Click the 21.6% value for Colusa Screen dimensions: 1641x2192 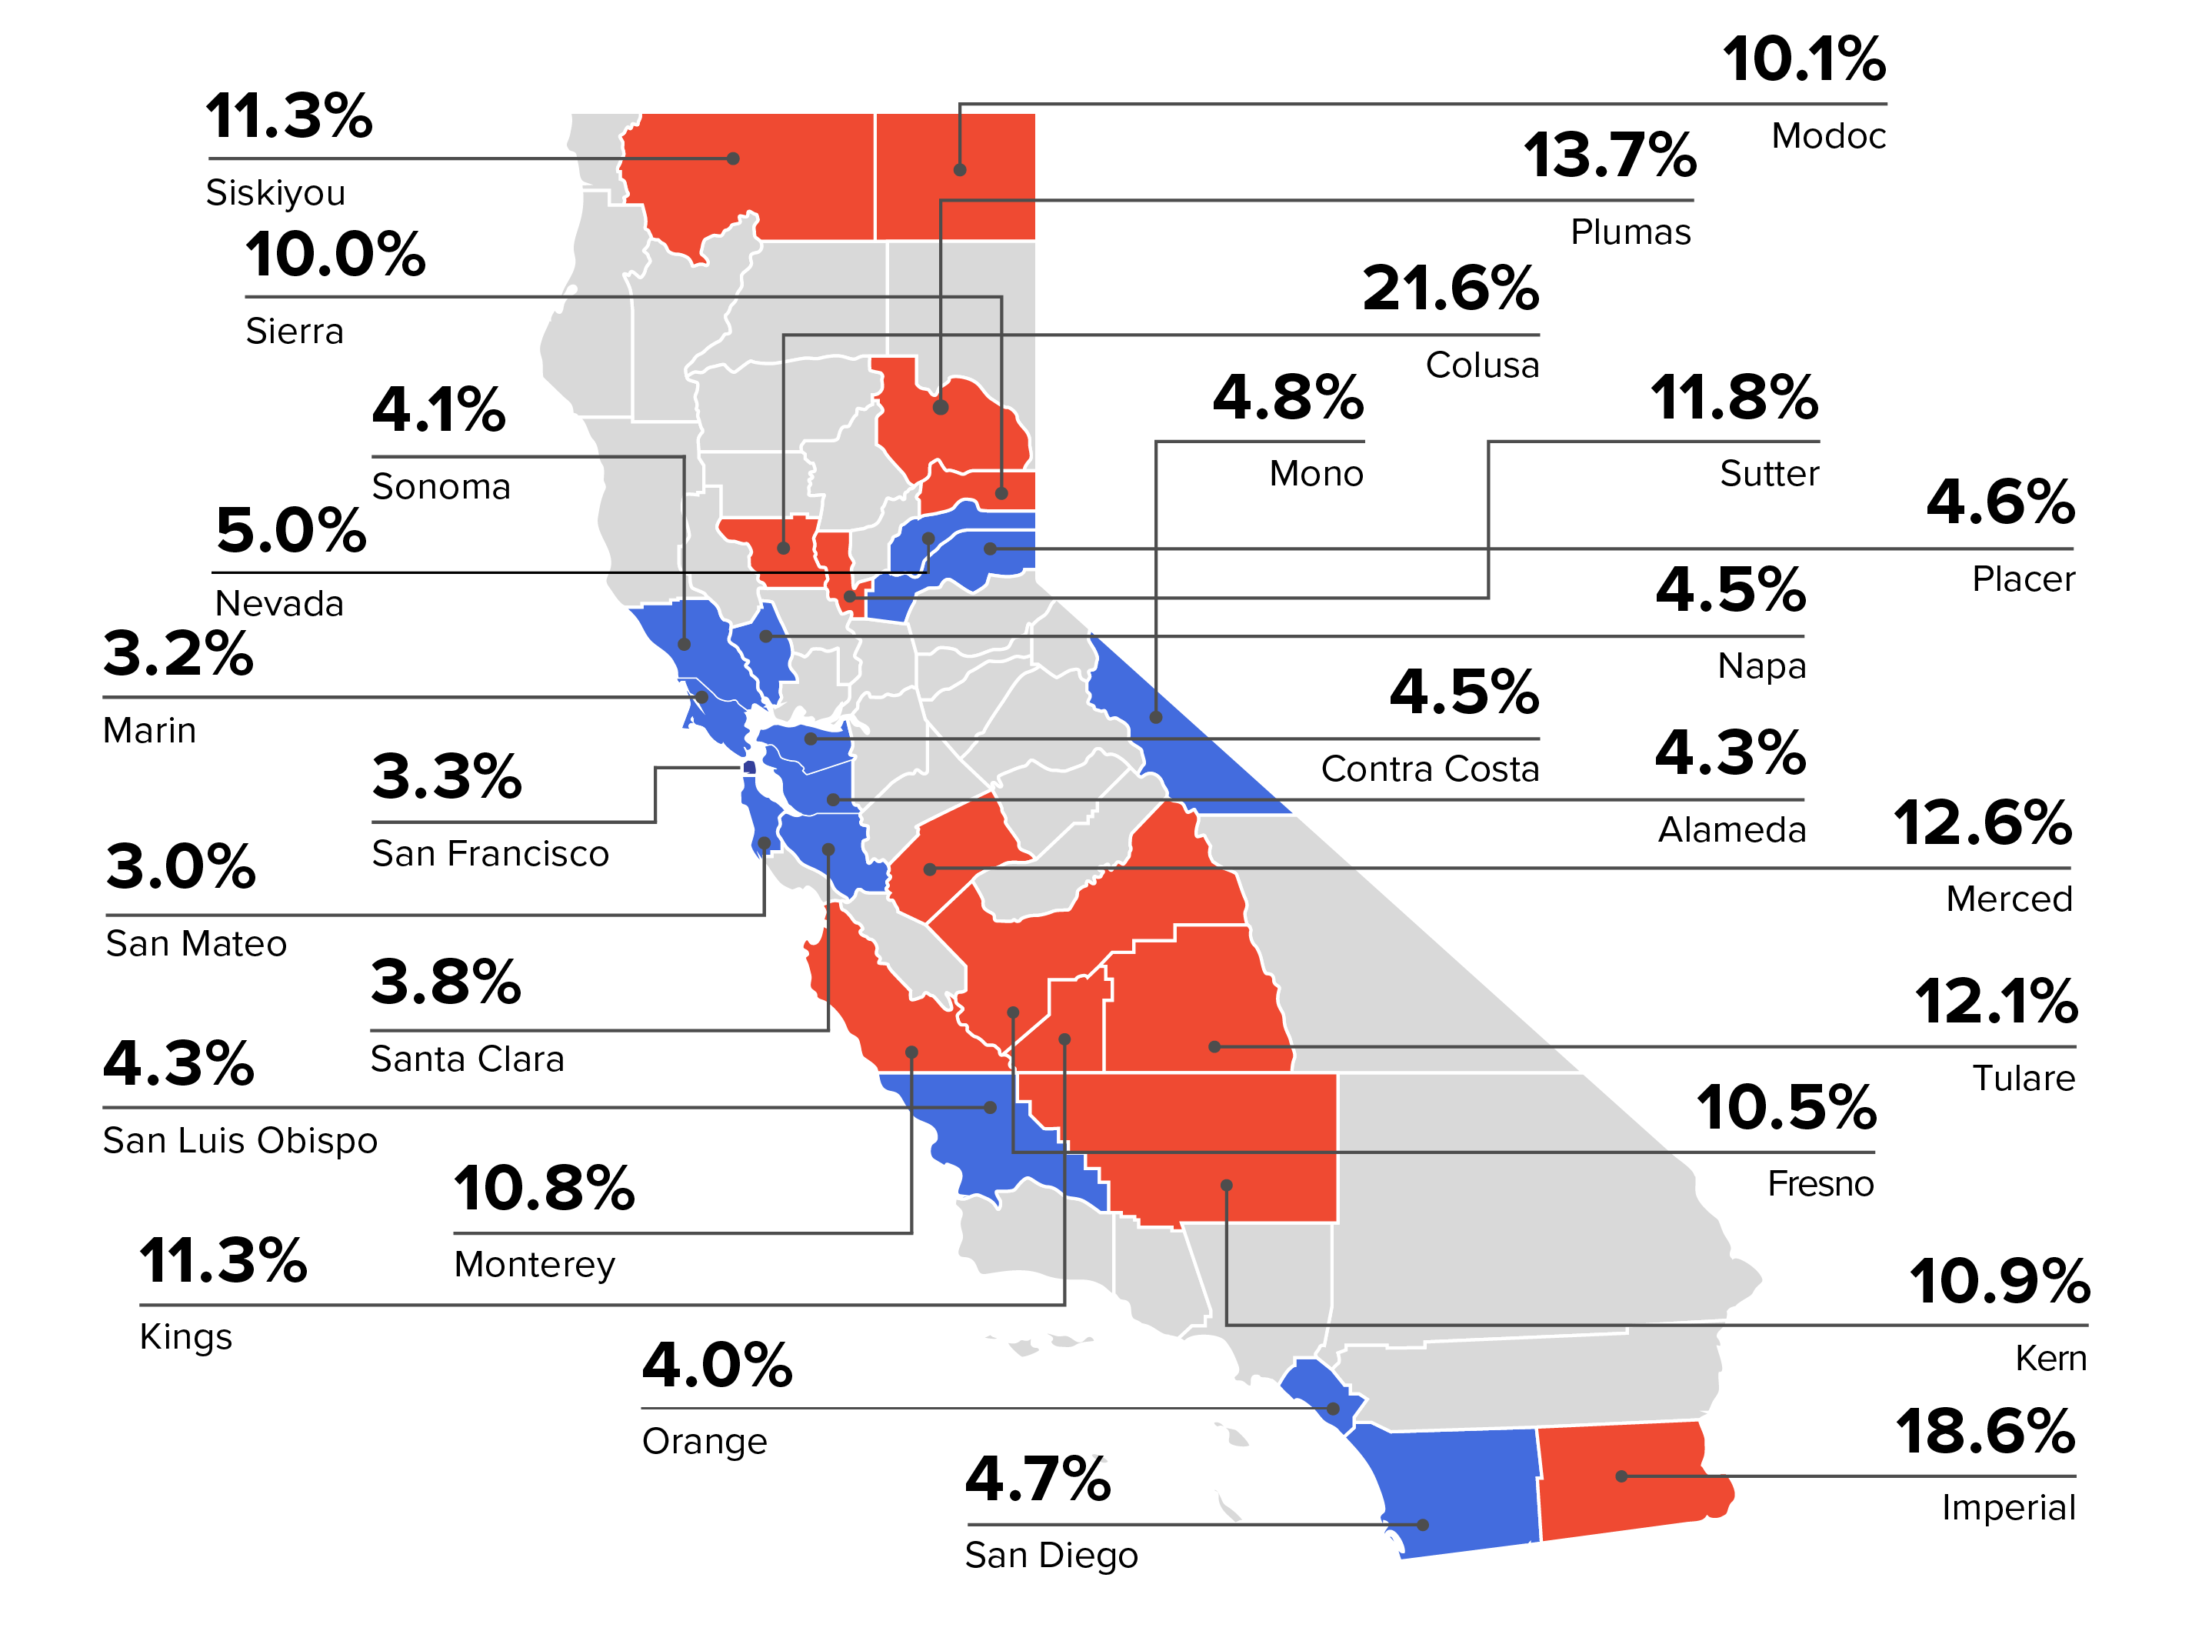pyautogui.click(x=1450, y=289)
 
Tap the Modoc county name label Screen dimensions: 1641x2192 pyautogui.click(x=1828, y=135)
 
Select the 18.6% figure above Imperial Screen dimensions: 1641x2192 pyautogui.click(x=1985, y=1432)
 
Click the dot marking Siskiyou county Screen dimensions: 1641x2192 pyautogui.click(x=733, y=158)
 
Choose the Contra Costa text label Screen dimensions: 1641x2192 pyautogui.click(x=1429, y=769)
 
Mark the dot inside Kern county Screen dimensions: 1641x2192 pyautogui.click(x=1226, y=1185)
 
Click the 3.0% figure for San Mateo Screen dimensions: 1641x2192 pyautogui.click(x=180, y=867)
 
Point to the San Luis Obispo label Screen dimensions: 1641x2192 pyautogui.click(x=240, y=1141)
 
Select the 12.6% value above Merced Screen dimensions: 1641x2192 pyautogui.click(x=1982, y=822)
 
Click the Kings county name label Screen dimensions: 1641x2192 pyautogui.click(x=185, y=1337)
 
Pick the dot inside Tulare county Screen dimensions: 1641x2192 pyautogui.click(x=1214, y=1046)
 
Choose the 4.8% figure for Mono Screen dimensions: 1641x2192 pyautogui.click(x=1288, y=399)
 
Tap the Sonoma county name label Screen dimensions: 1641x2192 pyautogui.click(x=441, y=486)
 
